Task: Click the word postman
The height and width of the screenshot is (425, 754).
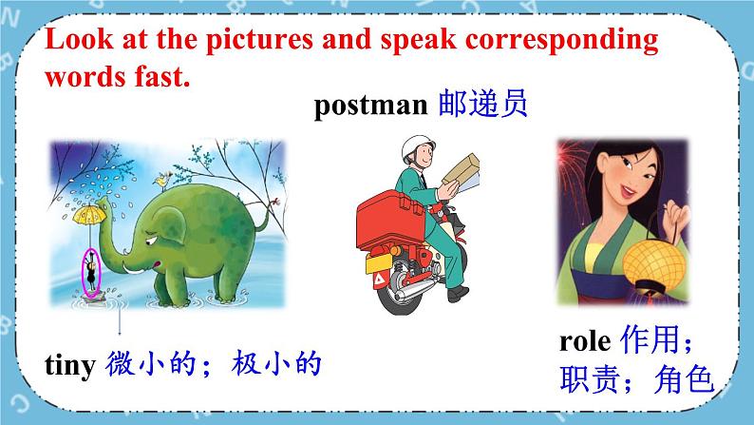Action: tap(370, 105)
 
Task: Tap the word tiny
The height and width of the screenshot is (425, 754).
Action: tap(70, 365)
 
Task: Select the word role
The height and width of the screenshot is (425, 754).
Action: tap(585, 340)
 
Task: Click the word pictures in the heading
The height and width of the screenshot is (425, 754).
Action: tap(259, 40)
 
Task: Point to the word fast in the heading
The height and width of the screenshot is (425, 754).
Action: tap(162, 77)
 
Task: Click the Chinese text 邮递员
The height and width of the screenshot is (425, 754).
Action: tap(482, 103)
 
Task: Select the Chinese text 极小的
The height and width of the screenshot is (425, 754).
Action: tap(276, 363)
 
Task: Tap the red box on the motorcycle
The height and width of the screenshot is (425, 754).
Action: tap(390, 218)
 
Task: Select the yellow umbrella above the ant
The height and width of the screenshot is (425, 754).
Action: tap(89, 215)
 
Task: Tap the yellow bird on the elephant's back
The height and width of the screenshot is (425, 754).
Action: tap(162, 181)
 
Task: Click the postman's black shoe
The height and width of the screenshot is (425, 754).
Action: tap(458, 294)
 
